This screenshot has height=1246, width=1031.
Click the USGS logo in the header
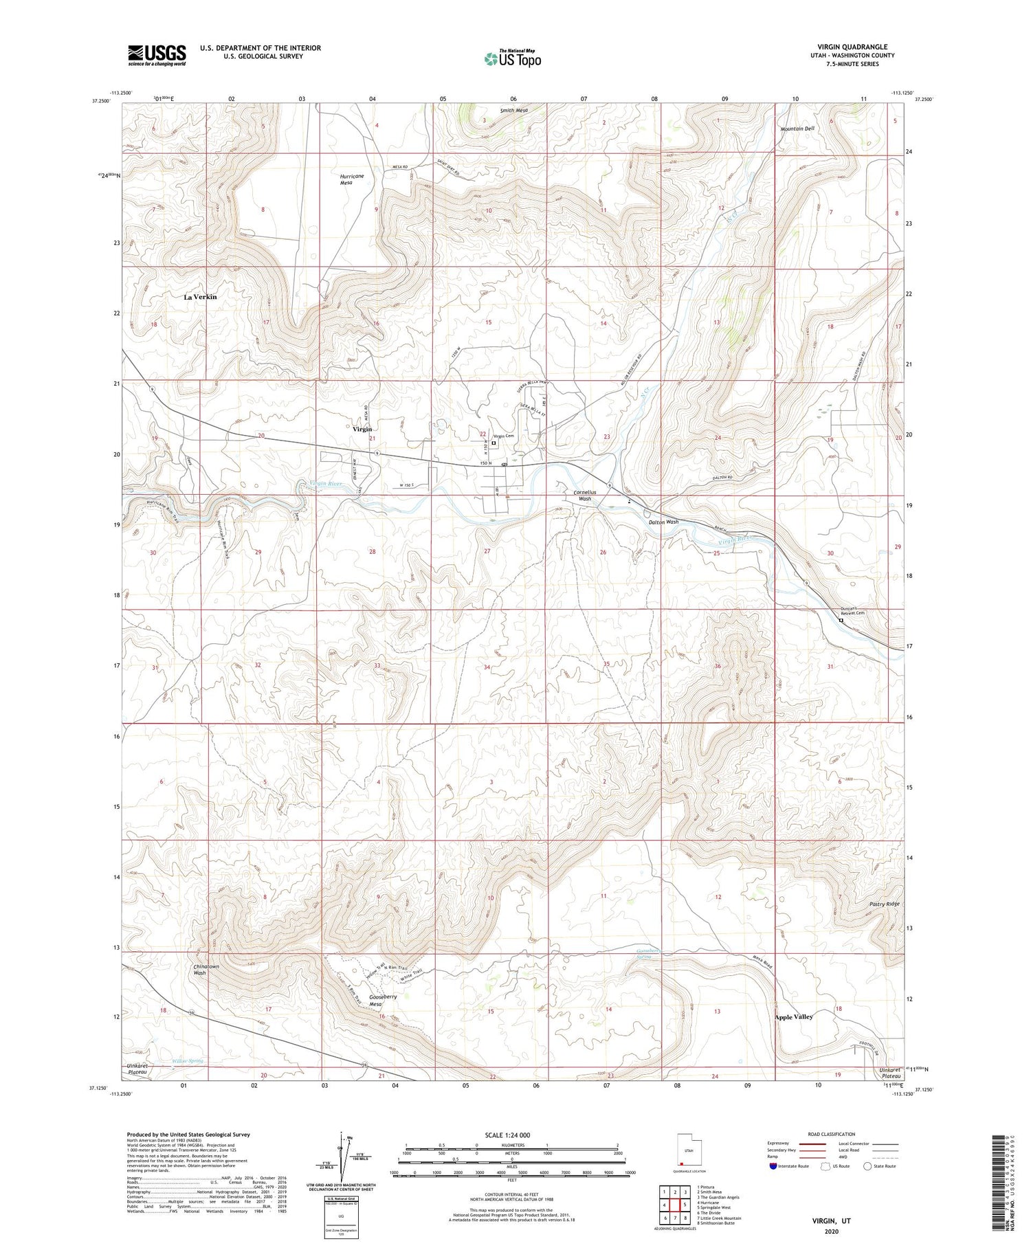click(x=157, y=55)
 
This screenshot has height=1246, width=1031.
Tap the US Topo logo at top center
click(x=513, y=59)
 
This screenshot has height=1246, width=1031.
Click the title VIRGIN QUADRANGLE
click(x=852, y=47)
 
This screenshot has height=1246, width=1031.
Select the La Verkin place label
click(x=200, y=297)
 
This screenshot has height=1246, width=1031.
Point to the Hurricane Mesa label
click(x=352, y=179)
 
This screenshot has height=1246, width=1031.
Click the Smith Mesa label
click(x=514, y=110)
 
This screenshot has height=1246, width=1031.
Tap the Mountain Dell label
click(x=797, y=129)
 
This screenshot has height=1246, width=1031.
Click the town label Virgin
click(x=362, y=429)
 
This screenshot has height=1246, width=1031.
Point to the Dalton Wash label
click(x=663, y=522)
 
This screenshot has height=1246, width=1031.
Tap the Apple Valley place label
click(x=794, y=1016)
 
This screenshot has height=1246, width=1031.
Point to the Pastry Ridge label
click(x=884, y=904)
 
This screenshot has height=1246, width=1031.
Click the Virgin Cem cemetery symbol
click(x=494, y=443)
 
